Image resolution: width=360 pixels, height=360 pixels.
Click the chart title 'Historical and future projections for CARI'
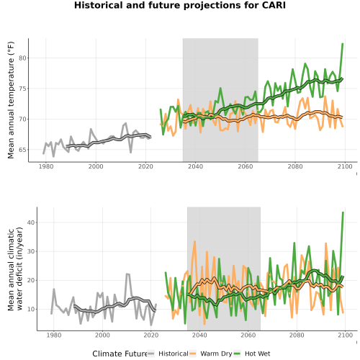[x=180, y=5]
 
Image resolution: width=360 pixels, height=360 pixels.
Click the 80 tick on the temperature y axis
[x=22, y=58]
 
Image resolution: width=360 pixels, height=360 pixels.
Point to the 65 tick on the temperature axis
[x=22, y=150]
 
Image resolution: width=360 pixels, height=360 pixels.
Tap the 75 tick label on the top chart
[x=22, y=89]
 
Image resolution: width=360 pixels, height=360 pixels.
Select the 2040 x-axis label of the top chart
[x=195, y=166]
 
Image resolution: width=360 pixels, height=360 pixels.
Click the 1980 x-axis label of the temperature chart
[x=46, y=166]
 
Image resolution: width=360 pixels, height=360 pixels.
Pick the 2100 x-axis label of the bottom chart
[x=345, y=335]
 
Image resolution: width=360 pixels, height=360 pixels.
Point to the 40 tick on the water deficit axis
[x=31, y=222]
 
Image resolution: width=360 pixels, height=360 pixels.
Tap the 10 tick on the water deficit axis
[x=31, y=309]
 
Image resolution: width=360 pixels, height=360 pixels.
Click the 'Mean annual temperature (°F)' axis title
[x=11, y=100]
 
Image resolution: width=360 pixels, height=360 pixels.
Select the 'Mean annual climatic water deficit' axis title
[x=15, y=269]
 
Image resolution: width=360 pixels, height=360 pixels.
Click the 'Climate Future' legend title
[x=120, y=354]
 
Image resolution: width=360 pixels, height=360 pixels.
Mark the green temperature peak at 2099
[x=343, y=44]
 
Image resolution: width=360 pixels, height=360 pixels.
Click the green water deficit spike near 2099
[x=343, y=212]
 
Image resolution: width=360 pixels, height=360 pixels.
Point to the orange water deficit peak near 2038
[x=194, y=241]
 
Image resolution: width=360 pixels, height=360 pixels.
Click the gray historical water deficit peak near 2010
[x=127, y=274]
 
